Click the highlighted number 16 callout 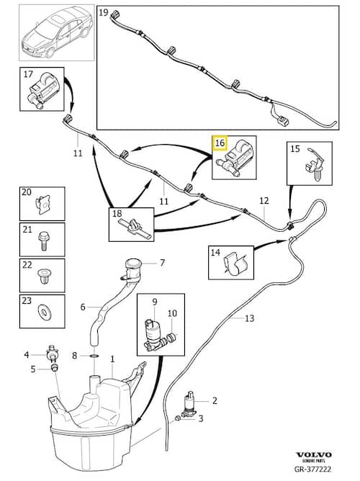[220, 143]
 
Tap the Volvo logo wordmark [313, 454]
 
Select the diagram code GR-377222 [312, 469]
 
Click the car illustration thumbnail [57, 32]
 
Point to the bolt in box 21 [43, 240]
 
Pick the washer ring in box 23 [42, 311]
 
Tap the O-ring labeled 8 [95, 356]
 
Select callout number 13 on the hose [250, 318]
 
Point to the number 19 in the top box [104, 12]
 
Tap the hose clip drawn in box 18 [134, 228]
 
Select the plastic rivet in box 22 [42, 275]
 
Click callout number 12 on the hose [264, 201]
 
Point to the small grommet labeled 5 [55, 368]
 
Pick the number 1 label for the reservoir [112, 359]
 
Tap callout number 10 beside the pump [172, 313]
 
